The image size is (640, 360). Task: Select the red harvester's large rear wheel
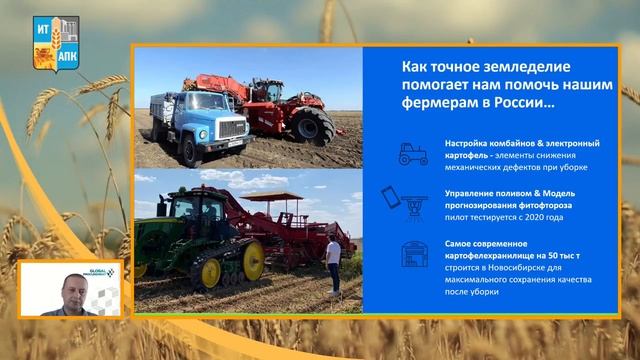tap(312, 124)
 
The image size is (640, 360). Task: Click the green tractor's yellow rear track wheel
tap(252, 261)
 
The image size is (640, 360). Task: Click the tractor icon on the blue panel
tap(413, 153)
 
